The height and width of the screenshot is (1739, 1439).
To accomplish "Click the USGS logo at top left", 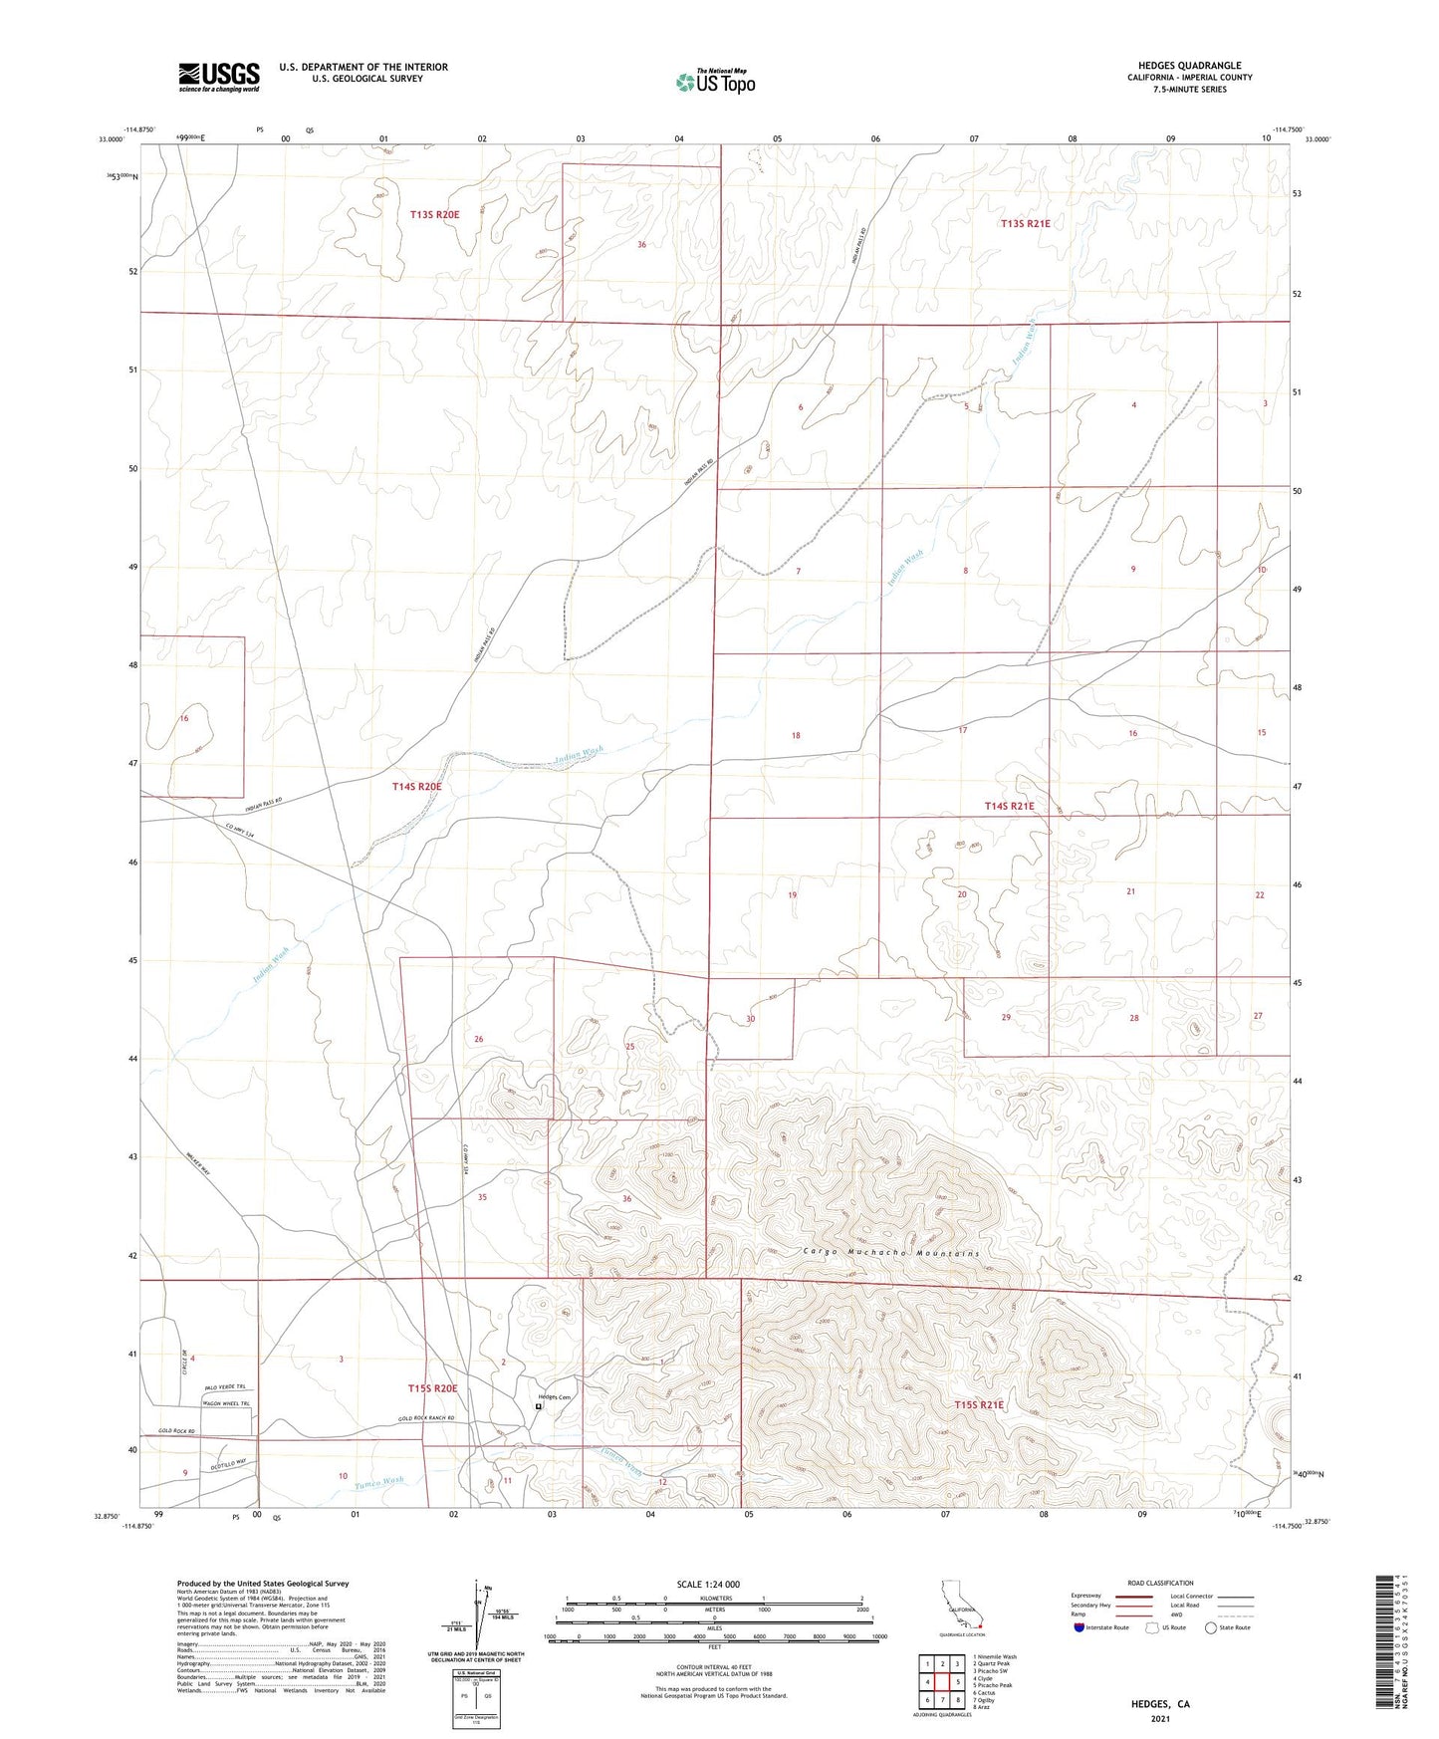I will (219, 77).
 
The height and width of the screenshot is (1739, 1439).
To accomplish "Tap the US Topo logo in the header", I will (715, 82).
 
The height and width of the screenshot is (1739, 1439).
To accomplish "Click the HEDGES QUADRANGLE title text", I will (1189, 66).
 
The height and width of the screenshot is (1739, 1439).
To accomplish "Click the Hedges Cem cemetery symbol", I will (539, 1406).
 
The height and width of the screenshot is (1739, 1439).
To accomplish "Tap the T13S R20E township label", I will (434, 214).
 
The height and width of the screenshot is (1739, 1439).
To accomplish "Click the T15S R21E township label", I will (979, 1404).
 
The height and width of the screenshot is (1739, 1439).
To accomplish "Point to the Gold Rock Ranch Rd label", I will (426, 1418).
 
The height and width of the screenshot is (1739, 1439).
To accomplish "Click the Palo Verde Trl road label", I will (225, 1386).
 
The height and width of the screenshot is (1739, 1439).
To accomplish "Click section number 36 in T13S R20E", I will (641, 244).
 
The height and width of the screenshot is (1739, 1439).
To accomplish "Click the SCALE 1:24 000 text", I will (708, 1584).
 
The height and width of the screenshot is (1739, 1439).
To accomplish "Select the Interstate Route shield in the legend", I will (1079, 1627).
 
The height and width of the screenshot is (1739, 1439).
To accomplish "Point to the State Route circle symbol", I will (1211, 1627).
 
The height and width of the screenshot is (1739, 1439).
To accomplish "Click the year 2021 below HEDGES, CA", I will (1160, 1718).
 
